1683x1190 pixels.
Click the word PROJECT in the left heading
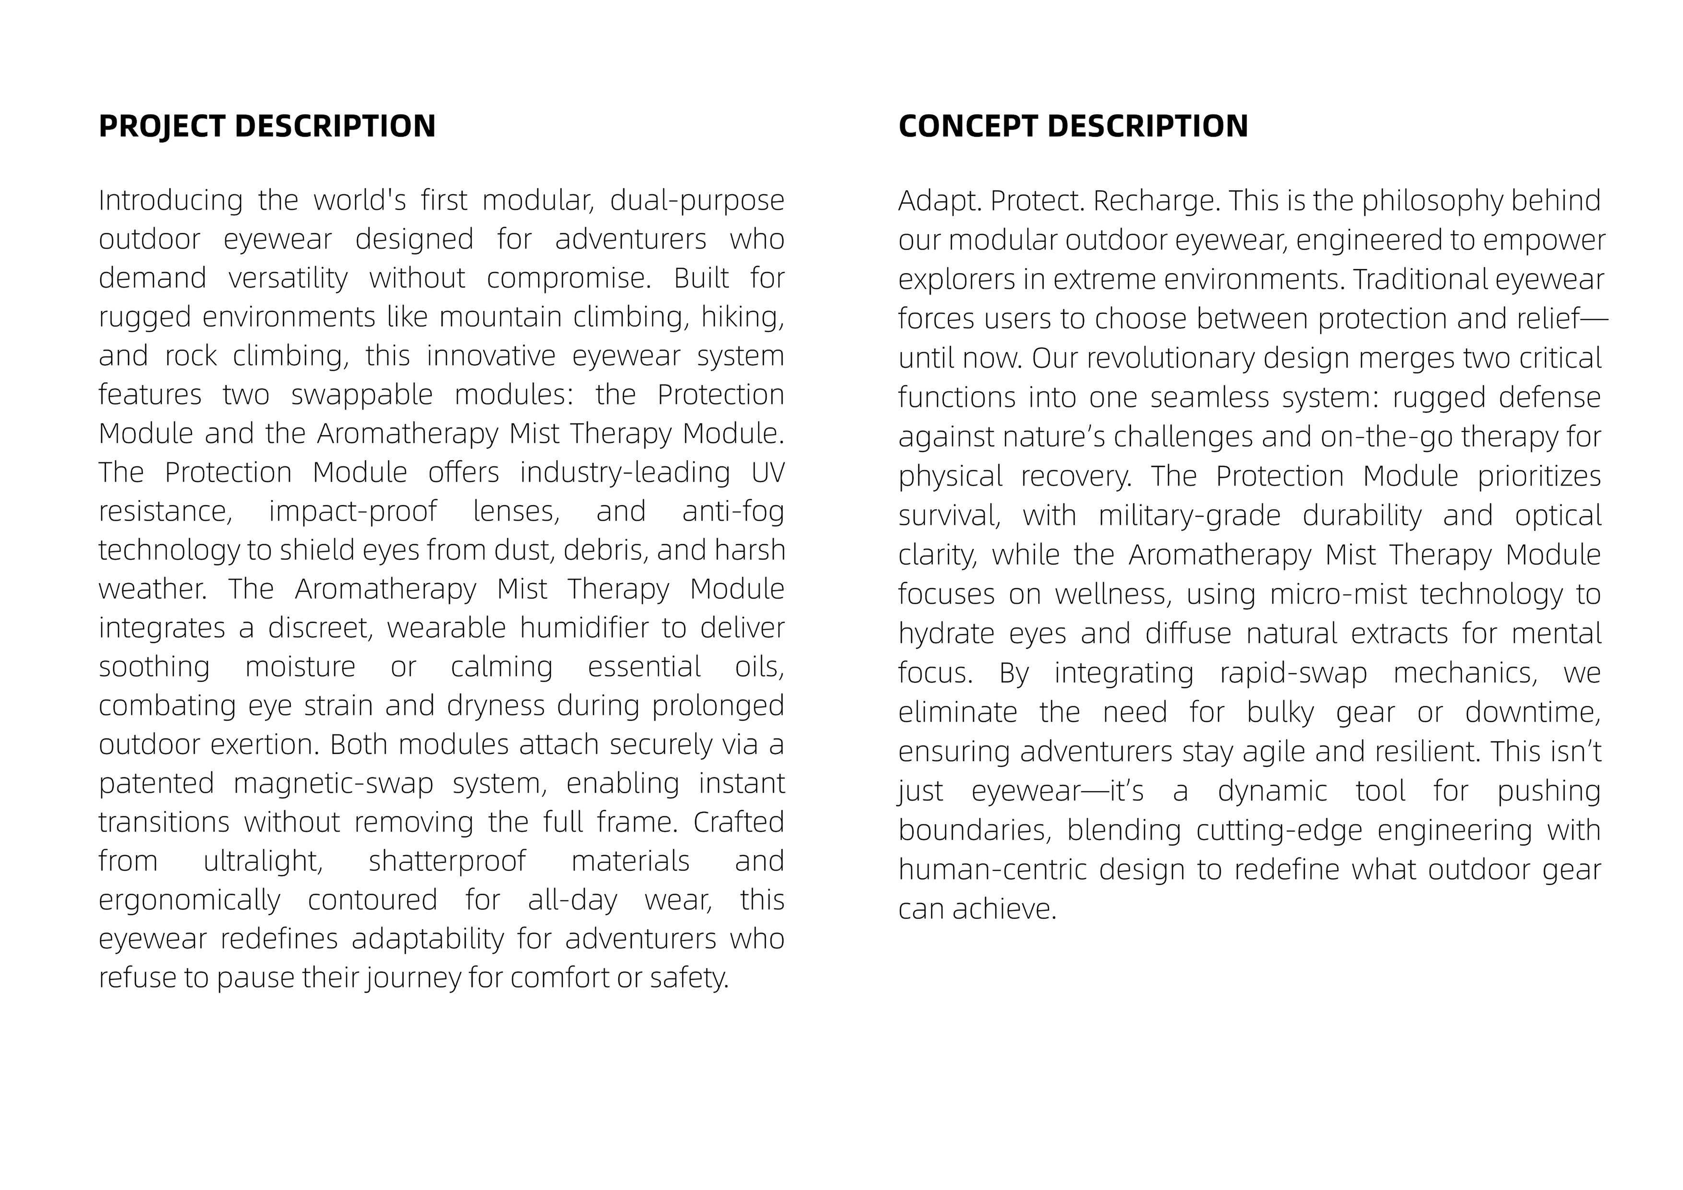(161, 127)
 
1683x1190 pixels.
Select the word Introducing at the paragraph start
(170, 200)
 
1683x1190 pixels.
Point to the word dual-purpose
(696, 200)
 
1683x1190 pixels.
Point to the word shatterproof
(447, 861)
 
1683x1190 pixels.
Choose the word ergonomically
(189, 900)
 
